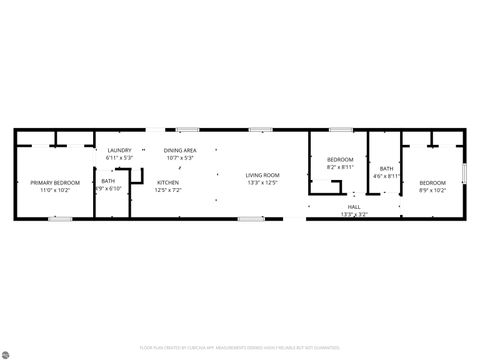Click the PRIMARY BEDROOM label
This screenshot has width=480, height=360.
click(x=55, y=182)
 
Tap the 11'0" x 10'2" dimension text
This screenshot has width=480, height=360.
click(x=55, y=189)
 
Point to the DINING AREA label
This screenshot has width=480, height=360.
click(x=180, y=150)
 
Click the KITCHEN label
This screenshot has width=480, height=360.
click(x=168, y=182)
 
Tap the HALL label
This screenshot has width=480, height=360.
click(x=354, y=207)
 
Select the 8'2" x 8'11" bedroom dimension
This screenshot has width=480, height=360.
click(x=340, y=167)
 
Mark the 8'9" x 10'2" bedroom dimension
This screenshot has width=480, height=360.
click(x=432, y=189)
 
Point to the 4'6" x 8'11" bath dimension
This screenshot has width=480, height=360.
click(x=386, y=176)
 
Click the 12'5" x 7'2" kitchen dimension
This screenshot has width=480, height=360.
click(x=168, y=189)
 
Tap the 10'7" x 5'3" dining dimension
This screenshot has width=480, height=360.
click(x=180, y=157)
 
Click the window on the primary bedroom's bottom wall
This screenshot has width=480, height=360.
click(x=62, y=218)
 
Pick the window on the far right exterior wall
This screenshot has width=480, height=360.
click(x=464, y=172)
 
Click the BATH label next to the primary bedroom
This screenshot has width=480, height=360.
click(x=108, y=181)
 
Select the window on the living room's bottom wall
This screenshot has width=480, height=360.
click(x=252, y=218)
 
